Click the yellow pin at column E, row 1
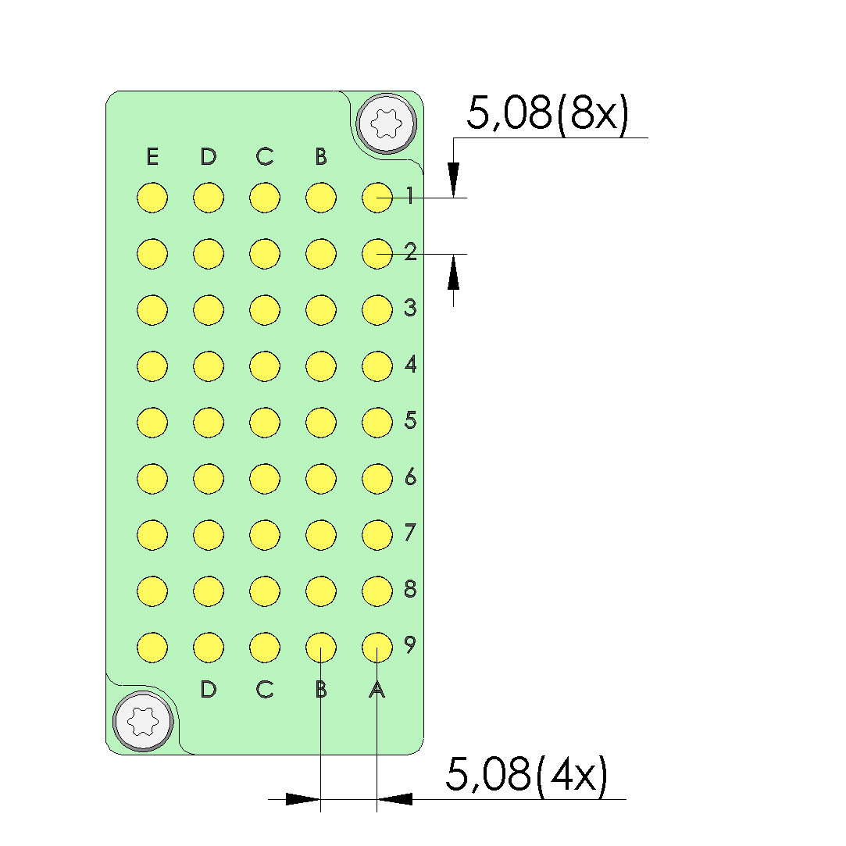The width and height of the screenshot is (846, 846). (x=152, y=198)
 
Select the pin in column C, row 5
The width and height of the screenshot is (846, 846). (x=265, y=423)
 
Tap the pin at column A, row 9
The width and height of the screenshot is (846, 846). (x=377, y=648)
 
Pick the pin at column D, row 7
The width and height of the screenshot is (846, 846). (x=209, y=534)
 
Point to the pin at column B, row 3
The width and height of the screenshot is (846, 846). (x=321, y=310)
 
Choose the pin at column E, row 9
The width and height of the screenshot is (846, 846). (x=152, y=648)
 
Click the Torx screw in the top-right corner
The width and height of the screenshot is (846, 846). (x=387, y=124)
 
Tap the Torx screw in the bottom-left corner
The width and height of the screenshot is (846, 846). (x=143, y=721)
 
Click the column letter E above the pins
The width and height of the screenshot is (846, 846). (x=152, y=156)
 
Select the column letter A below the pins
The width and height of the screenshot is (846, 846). (x=377, y=690)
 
